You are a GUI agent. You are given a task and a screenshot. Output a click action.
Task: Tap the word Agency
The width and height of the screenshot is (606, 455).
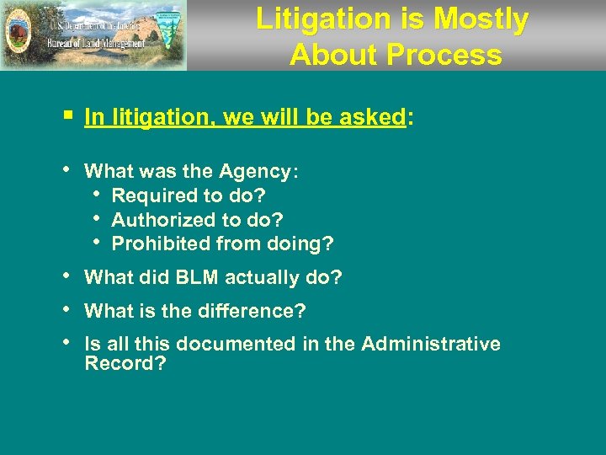(x=254, y=172)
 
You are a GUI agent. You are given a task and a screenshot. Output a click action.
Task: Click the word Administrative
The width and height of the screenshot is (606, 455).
(x=431, y=345)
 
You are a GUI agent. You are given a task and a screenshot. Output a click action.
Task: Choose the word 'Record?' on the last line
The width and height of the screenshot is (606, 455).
(x=125, y=365)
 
